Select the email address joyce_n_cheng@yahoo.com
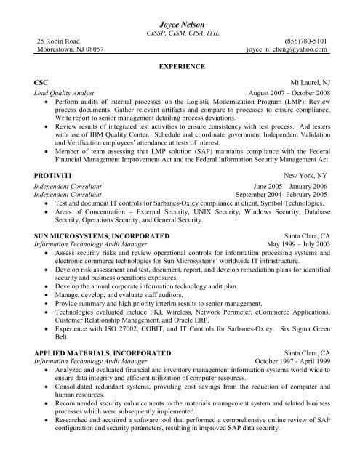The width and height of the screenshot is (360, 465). pos(287,51)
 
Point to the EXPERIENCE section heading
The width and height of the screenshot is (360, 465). pos(180,65)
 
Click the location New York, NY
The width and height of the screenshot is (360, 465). pos(305,177)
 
